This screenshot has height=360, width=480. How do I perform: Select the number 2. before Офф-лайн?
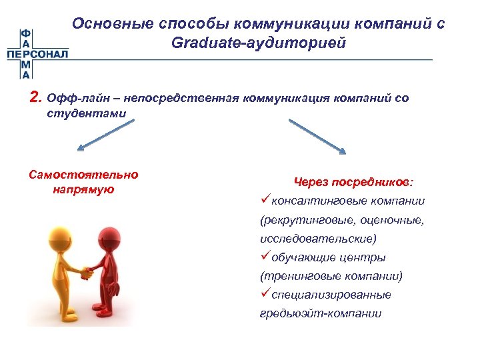point(36,99)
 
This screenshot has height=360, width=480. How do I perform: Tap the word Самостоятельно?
point(84,175)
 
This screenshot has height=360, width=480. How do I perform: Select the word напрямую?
point(83,189)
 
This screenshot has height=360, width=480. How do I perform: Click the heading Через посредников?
point(353,181)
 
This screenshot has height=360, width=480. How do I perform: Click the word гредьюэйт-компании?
point(321,313)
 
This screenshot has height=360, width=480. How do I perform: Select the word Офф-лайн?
point(73,99)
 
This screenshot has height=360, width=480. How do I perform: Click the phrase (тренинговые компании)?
point(331,275)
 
